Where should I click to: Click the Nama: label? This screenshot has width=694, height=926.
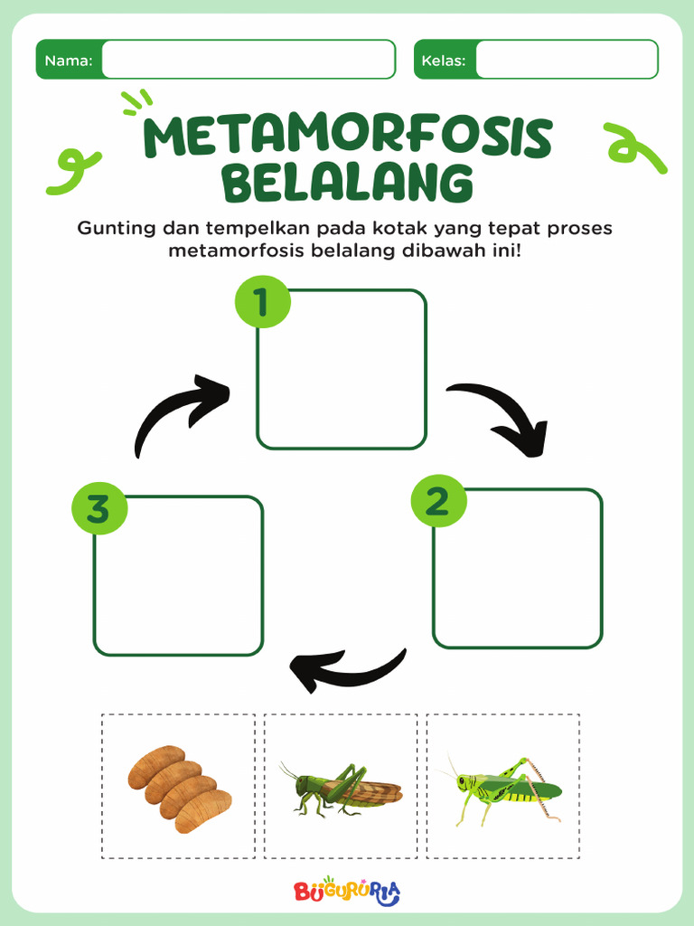pyautogui.click(x=69, y=61)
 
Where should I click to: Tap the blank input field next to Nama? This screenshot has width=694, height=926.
pyautogui.click(x=249, y=60)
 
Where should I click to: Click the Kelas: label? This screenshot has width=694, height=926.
pyautogui.click(x=444, y=61)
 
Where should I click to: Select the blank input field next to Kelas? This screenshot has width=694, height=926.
pyautogui.click(x=567, y=60)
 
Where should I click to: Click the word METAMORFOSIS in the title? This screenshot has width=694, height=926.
pyautogui.click(x=348, y=138)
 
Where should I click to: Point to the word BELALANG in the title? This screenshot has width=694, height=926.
pyautogui.click(x=348, y=184)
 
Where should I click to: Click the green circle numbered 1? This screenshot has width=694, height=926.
pyautogui.click(x=262, y=302)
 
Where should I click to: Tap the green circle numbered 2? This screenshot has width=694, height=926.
pyautogui.click(x=438, y=501)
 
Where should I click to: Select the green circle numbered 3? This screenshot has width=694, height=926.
pyautogui.click(x=98, y=508)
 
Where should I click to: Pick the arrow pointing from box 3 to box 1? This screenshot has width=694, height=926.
pyautogui.click(x=179, y=413)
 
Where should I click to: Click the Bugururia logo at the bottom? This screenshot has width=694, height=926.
pyautogui.click(x=347, y=892)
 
